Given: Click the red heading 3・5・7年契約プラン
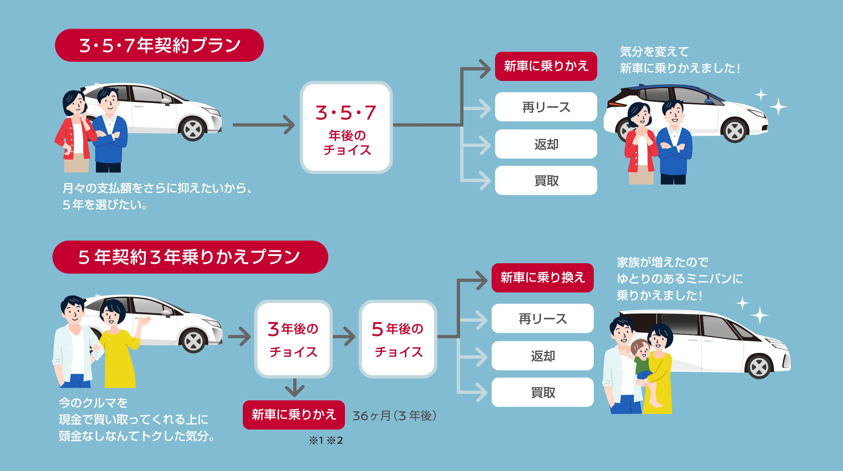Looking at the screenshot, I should (x=159, y=45).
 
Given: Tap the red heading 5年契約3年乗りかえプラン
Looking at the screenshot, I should (x=190, y=257).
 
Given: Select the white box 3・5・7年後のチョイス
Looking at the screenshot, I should (x=346, y=127).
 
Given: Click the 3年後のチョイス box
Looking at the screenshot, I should (x=293, y=339).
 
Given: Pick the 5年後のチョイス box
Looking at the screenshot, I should (x=398, y=339).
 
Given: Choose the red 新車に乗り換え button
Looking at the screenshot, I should (x=543, y=278).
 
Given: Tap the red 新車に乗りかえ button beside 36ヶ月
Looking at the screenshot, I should (x=294, y=415).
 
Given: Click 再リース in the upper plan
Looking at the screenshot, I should (x=546, y=107).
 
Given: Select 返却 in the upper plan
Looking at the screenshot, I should (x=546, y=144).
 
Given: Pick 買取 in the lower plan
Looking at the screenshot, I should (x=543, y=392).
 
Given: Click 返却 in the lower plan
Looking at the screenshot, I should (x=543, y=356).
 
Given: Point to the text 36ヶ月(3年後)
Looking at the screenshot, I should (x=394, y=416).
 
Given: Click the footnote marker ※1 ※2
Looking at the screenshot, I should (x=326, y=440).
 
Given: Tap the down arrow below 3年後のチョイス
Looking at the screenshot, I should (x=295, y=388).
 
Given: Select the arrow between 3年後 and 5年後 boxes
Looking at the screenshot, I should (x=345, y=337).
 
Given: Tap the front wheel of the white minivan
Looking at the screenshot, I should (x=759, y=367).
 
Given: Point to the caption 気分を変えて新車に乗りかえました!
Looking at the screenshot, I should (x=679, y=60).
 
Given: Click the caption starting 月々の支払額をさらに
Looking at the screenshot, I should (x=157, y=196).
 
